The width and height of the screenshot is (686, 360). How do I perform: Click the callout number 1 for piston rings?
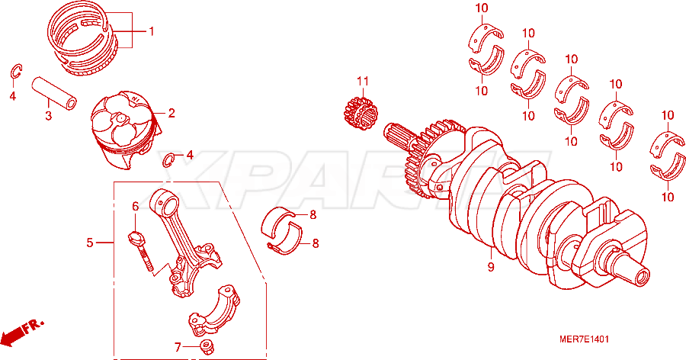pyautogui.click(x=152, y=31)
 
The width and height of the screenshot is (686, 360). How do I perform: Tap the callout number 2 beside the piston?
pyautogui.click(x=171, y=113)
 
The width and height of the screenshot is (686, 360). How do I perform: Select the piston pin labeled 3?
pyautogui.click(x=54, y=93)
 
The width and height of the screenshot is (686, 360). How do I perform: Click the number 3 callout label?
pyautogui.click(x=49, y=116)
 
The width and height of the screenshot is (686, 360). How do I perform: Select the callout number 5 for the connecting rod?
pyautogui.click(x=90, y=243)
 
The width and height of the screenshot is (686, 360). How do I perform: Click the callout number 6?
pyautogui.click(x=135, y=206)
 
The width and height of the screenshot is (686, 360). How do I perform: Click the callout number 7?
pyautogui.click(x=178, y=347)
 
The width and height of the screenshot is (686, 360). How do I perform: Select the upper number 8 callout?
pyautogui.click(x=313, y=214)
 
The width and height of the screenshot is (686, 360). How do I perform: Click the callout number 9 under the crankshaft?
pyautogui.click(x=491, y=267)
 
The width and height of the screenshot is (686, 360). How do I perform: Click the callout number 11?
pyautogui.click(x=363, y=81)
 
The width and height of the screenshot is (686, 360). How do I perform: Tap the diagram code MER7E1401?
pyautogui.click(x=584, y=339)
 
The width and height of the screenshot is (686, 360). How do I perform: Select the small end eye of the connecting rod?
pyautogui.click(x=165, y=202)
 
